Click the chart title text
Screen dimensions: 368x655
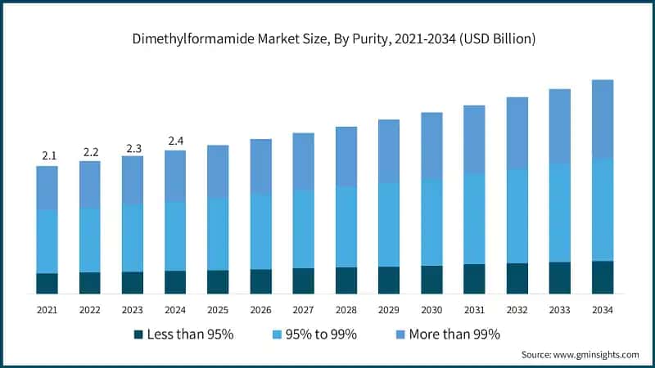click(x=327, y=39)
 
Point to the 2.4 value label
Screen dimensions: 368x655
click(x=175, y=141)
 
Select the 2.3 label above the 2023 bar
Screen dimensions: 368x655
click(x=133, y=148)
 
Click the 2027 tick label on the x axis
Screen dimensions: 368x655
click(x=303, y=310)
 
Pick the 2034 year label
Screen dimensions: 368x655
click(x=603, y=310)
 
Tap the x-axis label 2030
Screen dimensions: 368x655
click(x=431, y=310)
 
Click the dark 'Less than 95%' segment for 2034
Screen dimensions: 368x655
click(x=603, y=277)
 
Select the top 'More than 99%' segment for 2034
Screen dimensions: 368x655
click(x=603, y=119)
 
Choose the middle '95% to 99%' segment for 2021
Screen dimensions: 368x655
click(x=47, y=241)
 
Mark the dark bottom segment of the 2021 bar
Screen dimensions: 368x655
click(x=47, y=283)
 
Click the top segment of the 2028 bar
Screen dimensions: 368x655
click(x=346, y=156)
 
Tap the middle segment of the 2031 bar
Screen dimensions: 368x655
click(x=474, y=218)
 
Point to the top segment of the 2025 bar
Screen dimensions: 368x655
click(x=218, y=171)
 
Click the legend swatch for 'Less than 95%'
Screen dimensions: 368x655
click(x=138, y=334)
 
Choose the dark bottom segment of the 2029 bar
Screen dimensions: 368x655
click(x=389, y=280)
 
